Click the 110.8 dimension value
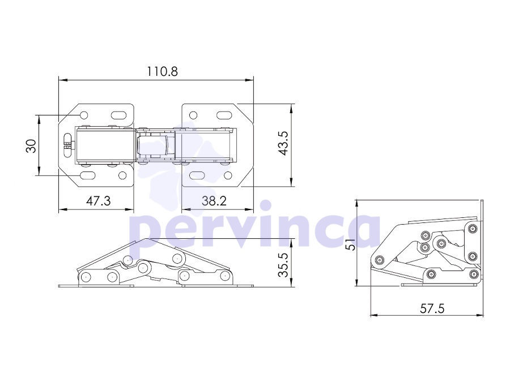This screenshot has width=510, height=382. click(162, 71)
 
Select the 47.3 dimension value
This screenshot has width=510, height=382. click(99, 201)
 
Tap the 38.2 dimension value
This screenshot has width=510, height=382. click(214, 201)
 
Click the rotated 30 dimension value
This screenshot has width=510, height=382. click(31, 146)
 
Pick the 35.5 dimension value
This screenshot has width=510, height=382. click(283, 265)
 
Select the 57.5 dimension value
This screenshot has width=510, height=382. click(432, 308)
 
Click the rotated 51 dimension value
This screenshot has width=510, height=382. click(350, 244)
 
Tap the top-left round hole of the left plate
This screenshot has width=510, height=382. click(84, 115)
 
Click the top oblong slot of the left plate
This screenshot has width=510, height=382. click(119, 115)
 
